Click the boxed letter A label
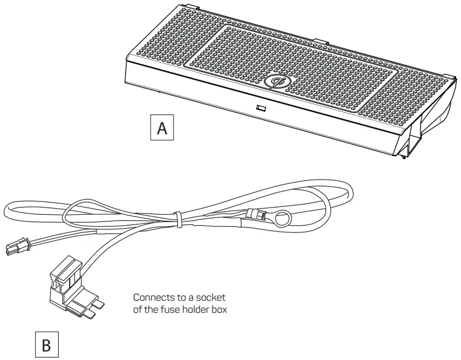[x=161, y=128]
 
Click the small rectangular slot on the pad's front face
[x=262, y=108]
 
